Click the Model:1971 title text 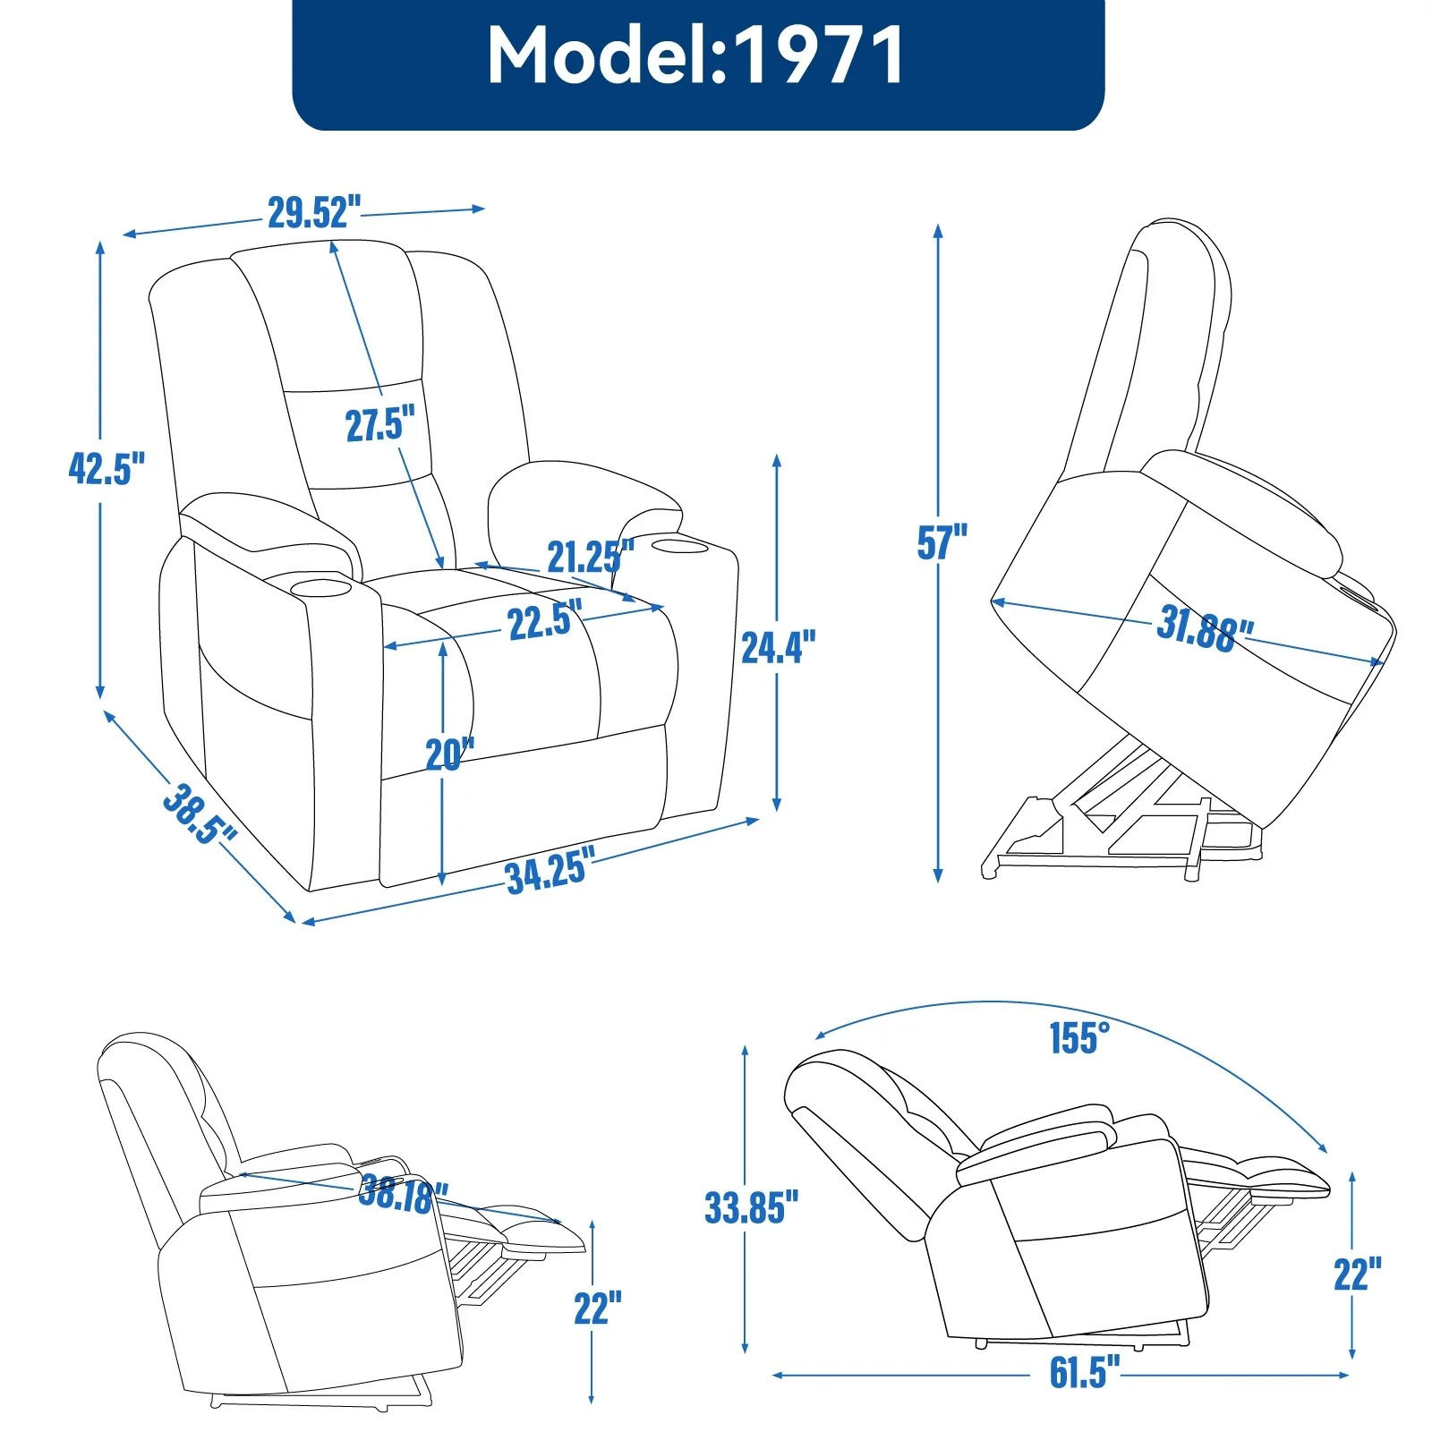(697, 55)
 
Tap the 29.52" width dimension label (314, 213)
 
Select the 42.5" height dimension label (107, 468)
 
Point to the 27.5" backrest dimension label (380, 424)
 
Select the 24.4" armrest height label (778, 647)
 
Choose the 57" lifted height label (942, 542)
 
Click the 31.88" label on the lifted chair (1204, 628)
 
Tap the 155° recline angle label (1079, 1038)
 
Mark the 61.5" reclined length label (1084, 1372)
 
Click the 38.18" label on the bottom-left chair (403, 1194)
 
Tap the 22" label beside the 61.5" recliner (1357, 1274)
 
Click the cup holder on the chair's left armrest (320, 589)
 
